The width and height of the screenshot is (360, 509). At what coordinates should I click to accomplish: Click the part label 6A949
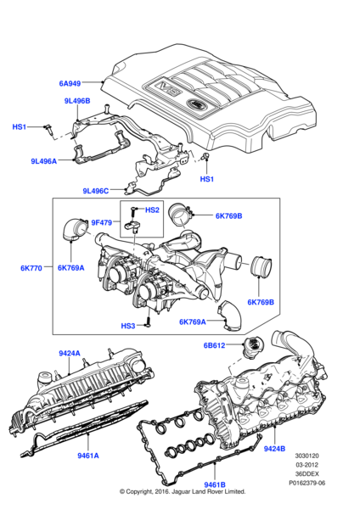click(x=71, y=83)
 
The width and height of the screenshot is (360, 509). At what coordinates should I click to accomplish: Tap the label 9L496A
click(x=44, y=161)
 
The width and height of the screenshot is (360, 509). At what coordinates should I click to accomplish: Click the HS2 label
click(x=153, y=210)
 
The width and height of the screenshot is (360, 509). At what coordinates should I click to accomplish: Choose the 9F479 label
click(x=102, y=223)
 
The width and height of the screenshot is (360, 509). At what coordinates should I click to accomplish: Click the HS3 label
click(x=127, y=326)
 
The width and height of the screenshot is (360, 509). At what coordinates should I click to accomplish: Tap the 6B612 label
click(x=215, y=345)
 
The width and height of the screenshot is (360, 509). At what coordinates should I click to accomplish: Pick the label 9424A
click(x=70, y=353)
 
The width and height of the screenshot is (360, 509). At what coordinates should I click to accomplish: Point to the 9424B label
click(x=277, y=448)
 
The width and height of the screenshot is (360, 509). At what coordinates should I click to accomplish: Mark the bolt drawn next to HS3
click(x=148, y=322)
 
